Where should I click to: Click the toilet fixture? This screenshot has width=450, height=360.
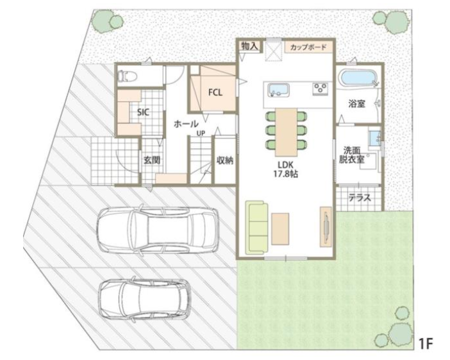click(127, 76)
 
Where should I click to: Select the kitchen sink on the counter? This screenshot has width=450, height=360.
click(278, 90)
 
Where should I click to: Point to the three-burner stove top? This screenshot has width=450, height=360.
click(320, 89)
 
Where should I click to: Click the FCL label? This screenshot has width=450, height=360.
click(215, 92)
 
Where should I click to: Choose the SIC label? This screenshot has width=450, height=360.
click(143, 112)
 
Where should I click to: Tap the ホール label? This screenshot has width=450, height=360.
click(186, 124)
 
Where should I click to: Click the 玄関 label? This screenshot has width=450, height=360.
click(152, 160)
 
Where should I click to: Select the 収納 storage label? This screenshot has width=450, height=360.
click(225, 160)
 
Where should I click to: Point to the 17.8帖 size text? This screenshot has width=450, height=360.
click(285, 174)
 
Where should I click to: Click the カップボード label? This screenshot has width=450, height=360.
click(308, 47)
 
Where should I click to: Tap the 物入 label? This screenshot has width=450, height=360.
click(249, 46)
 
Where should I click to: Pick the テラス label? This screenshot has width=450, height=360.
click(360, 198)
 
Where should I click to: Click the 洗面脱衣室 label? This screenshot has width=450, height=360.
click(352, 155)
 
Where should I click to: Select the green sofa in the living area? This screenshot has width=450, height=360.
click(257, 228)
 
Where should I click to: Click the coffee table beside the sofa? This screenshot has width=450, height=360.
click(280, 229)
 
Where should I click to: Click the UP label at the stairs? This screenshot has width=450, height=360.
click(201, 133)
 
